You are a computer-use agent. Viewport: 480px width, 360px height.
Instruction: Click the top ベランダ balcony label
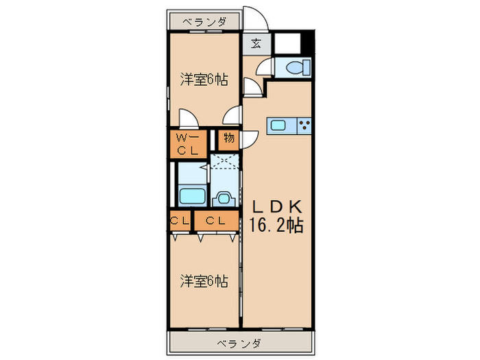[x=204, y=22]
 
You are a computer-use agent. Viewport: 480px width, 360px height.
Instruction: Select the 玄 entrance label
[x=255, y=44]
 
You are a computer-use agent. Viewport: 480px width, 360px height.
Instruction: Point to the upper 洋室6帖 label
[x=204, y=80]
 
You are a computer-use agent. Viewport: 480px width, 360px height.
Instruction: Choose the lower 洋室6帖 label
[x=204, y=281]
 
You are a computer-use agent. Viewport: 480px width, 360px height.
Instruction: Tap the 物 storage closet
[x=228, y=139]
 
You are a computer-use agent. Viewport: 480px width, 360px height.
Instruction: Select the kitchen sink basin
[x=280, y=125]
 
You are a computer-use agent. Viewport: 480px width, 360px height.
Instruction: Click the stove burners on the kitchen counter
[x=304, y=125]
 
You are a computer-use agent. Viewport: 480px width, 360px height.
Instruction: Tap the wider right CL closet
[x=216, y=221]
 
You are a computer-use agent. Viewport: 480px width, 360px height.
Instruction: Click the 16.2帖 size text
[x=276, y=224]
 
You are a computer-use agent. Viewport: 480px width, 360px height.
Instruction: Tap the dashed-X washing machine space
[x=224, y=163]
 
